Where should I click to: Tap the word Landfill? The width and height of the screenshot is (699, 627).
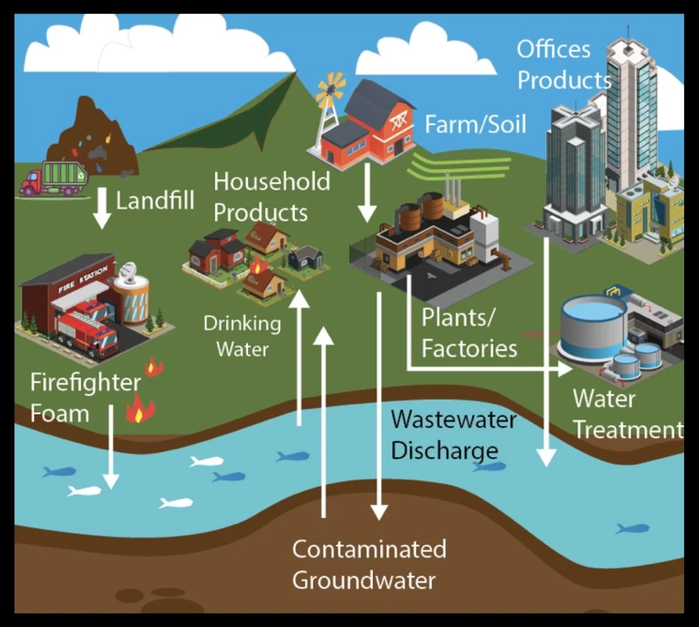coord(155,201)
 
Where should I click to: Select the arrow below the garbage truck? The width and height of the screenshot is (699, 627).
coord(102,210)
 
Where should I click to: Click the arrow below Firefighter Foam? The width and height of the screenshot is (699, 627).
coord(110,447)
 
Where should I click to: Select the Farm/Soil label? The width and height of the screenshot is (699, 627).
coord(475,124)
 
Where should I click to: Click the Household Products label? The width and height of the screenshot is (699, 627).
coord(271,197)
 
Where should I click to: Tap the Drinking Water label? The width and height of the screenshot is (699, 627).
coord(243,335)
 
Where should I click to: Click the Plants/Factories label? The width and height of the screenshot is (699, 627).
coord(469,333)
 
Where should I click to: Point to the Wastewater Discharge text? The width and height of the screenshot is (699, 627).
coord(453,435)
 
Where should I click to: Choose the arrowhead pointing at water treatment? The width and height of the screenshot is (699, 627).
coord(565,369)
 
